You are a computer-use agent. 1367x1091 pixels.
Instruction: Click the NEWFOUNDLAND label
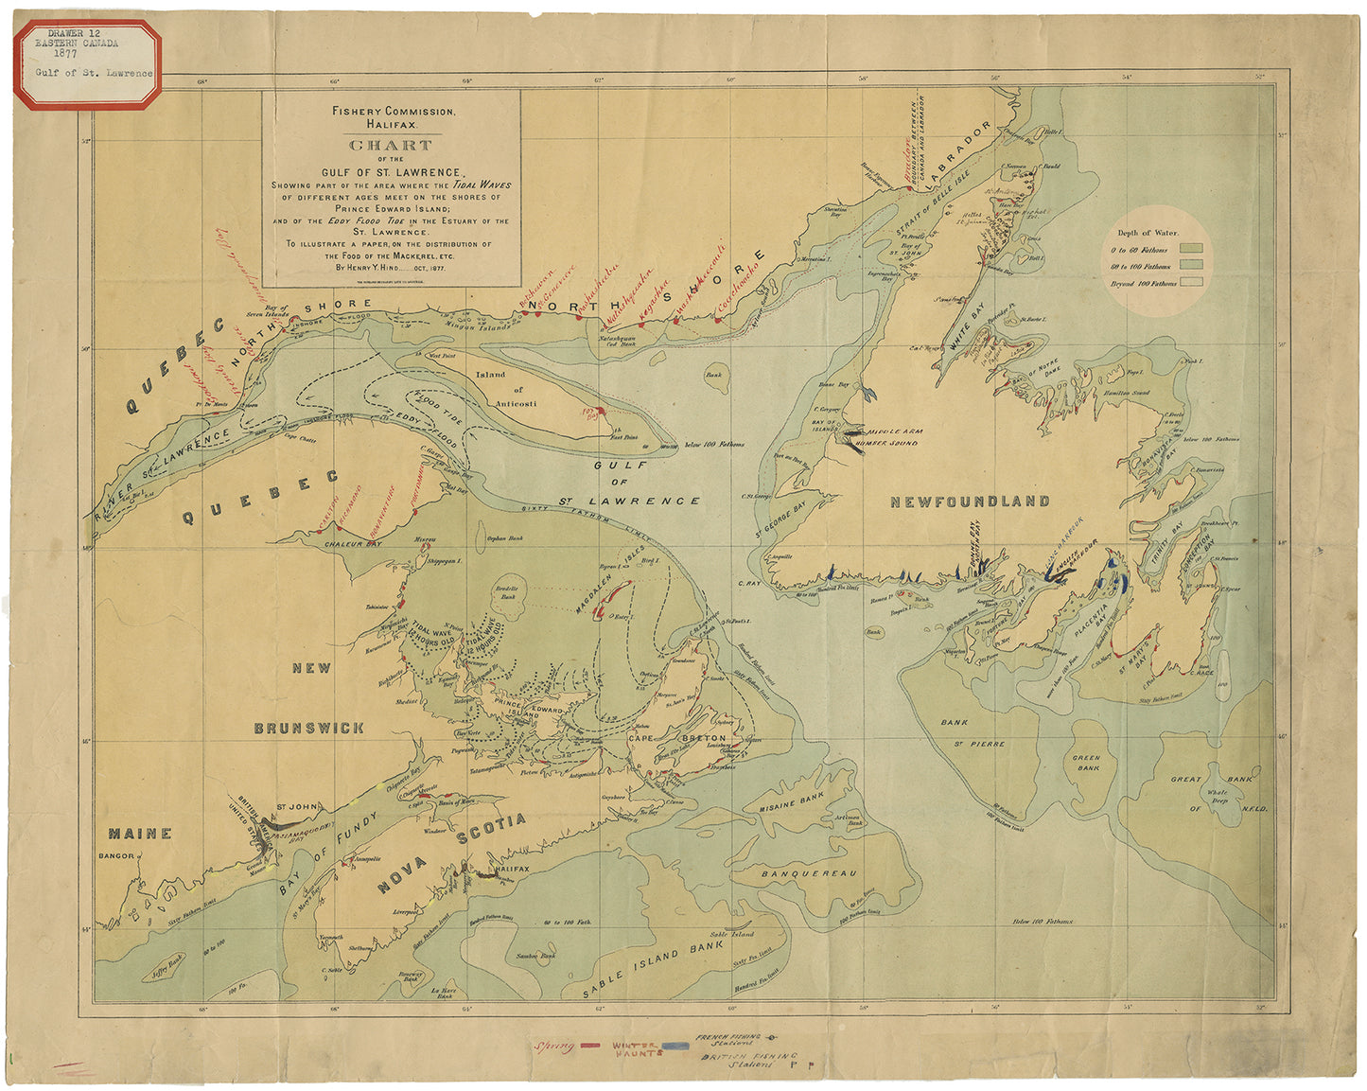click(x=970, y=502)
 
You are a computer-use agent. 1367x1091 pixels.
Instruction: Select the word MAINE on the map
click(x=140, y=834)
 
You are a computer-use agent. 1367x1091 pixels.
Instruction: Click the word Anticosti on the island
click(x=518, y=404)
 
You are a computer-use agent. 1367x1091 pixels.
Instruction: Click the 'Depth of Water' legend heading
click(x=1148, y=233)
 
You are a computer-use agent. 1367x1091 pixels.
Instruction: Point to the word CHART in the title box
click(x=391, y=146)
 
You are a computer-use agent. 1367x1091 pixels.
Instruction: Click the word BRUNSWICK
click(x=308, y=728)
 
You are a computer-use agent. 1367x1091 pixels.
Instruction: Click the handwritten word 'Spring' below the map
click(x=554, y=1047)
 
